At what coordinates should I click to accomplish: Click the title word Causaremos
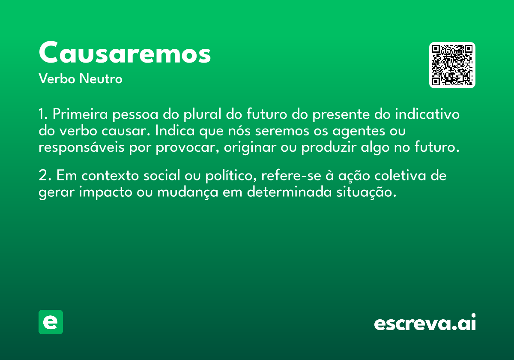point(125,52)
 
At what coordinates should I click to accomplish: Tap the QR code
point(452,65)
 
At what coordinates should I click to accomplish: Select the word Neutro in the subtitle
point(101,79)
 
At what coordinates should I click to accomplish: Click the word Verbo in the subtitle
point(57,79)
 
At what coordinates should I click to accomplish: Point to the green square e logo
point(51,322)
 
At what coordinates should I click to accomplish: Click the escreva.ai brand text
point(425,322)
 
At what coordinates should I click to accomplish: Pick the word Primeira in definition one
point(80,114)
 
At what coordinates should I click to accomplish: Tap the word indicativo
point(427,114)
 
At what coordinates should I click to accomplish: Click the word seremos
point(282,131)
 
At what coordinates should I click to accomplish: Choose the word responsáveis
point(81,147)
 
